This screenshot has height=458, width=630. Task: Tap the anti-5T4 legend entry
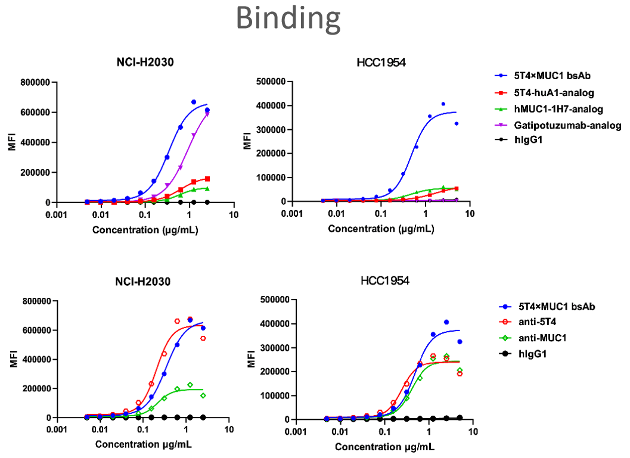[542, 322]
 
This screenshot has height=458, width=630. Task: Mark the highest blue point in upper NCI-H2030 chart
[194, 102]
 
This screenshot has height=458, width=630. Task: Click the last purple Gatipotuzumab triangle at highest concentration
[207, 113]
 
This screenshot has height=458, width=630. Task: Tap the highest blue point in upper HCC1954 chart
[443, 104]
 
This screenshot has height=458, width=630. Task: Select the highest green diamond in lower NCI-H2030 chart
[190, 385]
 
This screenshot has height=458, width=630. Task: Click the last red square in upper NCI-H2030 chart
[207, 178]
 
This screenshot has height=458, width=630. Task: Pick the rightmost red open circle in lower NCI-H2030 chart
[203, 338]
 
